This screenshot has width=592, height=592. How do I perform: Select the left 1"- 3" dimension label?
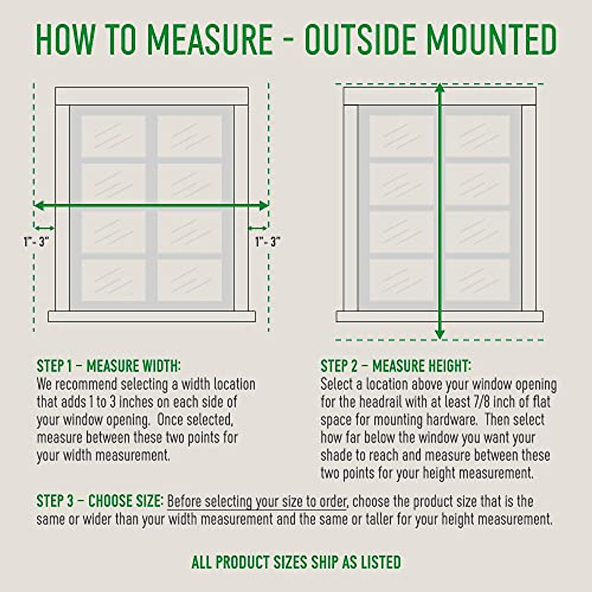[x=37, y=242]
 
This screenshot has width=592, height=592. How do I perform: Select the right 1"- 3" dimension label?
[x=268, y=242]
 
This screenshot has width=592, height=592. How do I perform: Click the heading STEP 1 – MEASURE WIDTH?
[x=109, y=366]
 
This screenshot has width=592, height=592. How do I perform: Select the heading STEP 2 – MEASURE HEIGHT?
[x=396, y=366]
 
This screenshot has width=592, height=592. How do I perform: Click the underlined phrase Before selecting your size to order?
[x=257, y=502]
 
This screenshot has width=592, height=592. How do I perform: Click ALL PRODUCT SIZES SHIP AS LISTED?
[x=296, y=562]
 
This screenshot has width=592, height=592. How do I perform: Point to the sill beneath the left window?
[x=151, y=316]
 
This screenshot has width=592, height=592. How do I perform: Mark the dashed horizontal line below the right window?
[x=440, y=340]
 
